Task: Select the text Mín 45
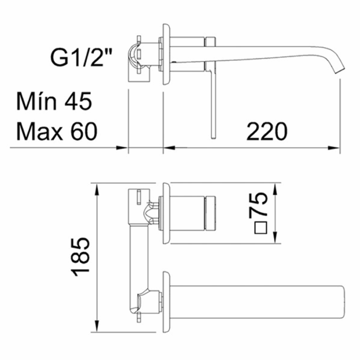(54, 101)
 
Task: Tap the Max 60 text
(57, 131)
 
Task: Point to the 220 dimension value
(267, 131)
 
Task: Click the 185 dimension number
(80, 257)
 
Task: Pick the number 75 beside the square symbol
(258, 205)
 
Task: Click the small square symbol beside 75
(261, 228)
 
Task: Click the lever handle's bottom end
(213, 137)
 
